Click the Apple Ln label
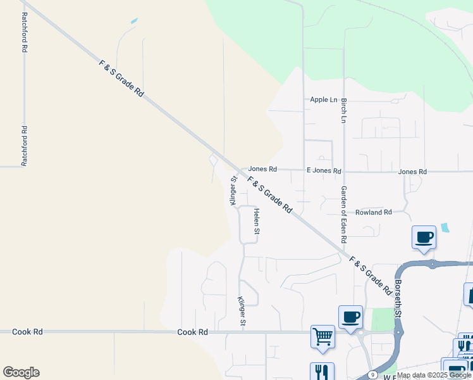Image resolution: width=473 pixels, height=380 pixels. tap(323, 99)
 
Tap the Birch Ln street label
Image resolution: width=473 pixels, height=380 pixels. tap(344, 110)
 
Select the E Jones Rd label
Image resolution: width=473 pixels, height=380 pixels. tap(324, 171)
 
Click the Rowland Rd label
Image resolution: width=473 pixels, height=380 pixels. tap(373, 212)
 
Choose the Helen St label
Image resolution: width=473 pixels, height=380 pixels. tap(257, 221)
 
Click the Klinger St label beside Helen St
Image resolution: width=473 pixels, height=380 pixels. tap(233, 191)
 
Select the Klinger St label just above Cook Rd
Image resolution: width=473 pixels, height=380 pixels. tap(242, 312)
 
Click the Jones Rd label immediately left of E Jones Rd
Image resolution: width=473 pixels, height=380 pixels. tap(262, 169)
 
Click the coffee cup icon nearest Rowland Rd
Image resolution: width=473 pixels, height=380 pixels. tap(424, 237)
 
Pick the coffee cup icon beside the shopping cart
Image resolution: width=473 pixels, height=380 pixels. tap(350, 317)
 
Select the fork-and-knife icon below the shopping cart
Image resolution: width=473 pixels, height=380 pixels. tap(322, 371)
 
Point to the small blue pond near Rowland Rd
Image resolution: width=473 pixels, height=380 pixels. tap(445, 227)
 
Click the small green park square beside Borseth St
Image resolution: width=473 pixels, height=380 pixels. tap(382, 320)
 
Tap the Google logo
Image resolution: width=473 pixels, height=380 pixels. tap(21, 372)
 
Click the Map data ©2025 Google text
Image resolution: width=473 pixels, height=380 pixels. tap(434, 375)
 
